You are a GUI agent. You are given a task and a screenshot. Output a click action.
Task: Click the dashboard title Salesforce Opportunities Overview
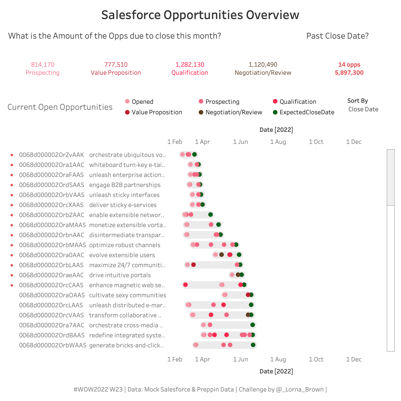[200, 15]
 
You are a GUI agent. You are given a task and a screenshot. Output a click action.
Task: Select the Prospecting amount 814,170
[43, 65]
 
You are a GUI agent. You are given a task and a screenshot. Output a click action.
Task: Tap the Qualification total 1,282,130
[190, 65]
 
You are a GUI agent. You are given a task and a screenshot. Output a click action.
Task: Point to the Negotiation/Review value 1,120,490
[263, 65]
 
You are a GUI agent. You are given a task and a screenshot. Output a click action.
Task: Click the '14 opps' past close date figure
[349, 65]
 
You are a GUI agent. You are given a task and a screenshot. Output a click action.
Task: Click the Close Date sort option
[363, 109]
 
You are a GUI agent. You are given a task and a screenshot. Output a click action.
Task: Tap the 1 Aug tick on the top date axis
[278, 142]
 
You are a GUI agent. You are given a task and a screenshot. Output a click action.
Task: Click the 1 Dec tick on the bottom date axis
[354, 359]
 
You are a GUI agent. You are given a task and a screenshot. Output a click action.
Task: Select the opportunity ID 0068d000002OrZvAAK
[51, 155]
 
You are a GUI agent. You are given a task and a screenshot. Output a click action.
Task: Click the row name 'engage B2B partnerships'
[125, 185]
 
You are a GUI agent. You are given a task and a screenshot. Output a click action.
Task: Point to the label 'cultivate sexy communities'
[128, 295]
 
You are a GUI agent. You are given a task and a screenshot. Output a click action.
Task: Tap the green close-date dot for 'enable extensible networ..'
[211, 215]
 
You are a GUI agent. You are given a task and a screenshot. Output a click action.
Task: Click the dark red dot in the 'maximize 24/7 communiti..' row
[193, 265]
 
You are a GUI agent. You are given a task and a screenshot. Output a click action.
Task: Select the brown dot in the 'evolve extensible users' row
[221, 255]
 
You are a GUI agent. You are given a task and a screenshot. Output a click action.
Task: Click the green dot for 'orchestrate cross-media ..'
[253, 325]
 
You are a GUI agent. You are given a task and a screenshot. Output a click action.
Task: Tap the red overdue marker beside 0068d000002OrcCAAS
[12, 285]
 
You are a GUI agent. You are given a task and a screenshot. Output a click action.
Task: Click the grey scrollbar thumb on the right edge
[390, 177]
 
